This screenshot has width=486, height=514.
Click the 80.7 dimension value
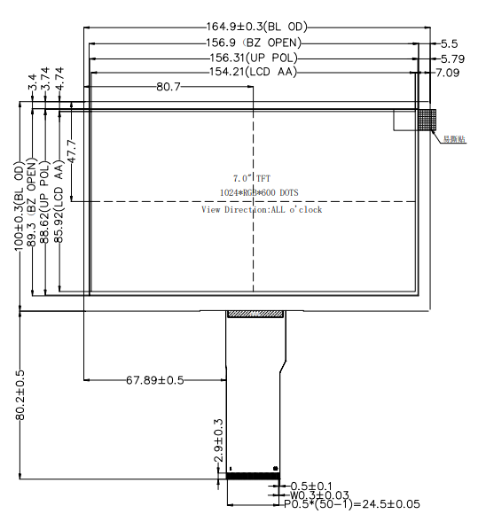coord(169,87)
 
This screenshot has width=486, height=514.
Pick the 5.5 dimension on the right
coord(449,43)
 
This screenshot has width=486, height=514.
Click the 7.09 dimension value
coord(449,73)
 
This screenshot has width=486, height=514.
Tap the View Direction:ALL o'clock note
coord(261,209)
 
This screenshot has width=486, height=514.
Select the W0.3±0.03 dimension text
coord(325,495)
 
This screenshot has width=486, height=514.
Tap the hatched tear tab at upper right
coord(428,119)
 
